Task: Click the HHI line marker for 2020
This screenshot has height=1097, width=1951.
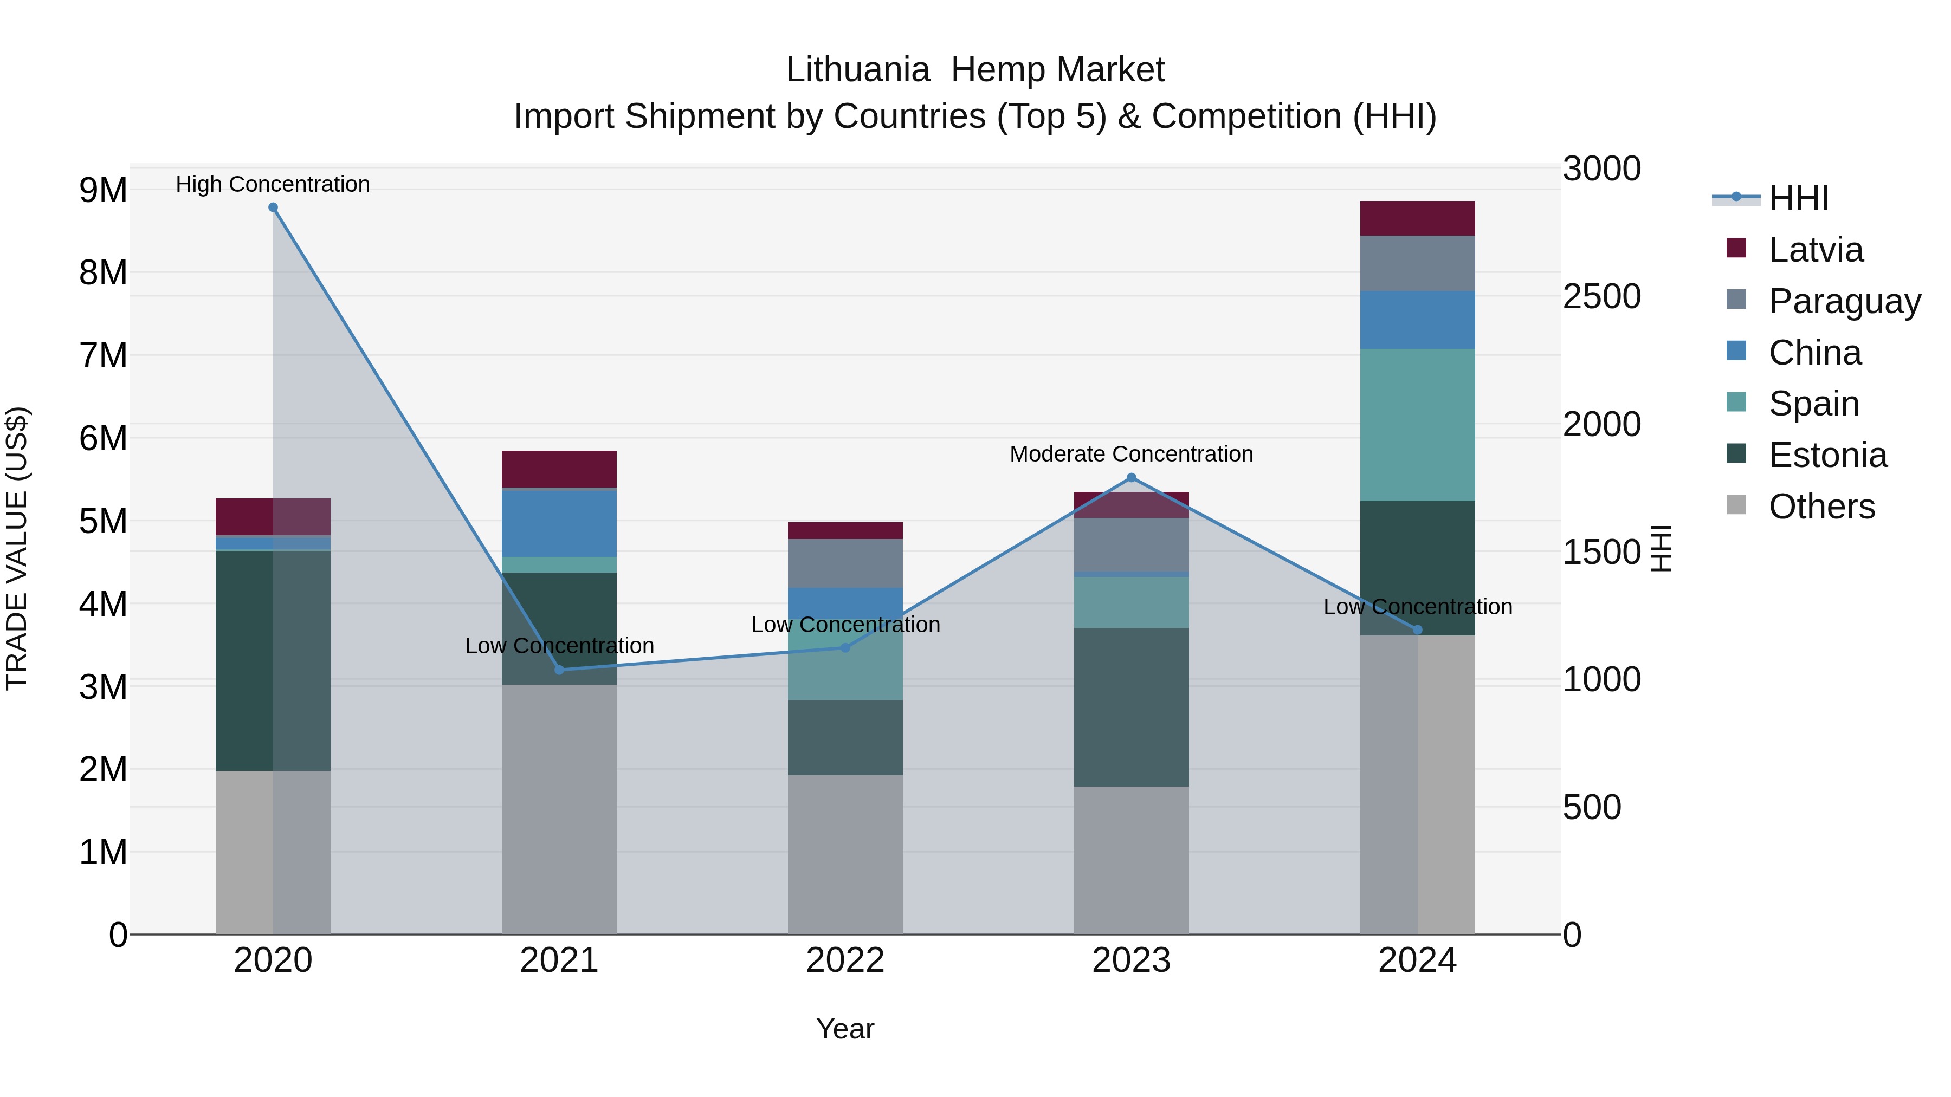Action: (x=274, y=207)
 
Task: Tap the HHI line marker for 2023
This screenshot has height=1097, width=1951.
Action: (x=1132, y=478)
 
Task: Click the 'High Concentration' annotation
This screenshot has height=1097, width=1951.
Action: (x=273, y=185)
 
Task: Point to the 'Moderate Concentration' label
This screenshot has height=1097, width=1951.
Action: (x=1132, y=455)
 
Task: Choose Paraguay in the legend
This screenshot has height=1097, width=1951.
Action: (x=1844, y=301)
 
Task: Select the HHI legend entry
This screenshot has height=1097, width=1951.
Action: (x=1798, y=198)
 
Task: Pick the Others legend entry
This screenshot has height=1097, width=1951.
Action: (x=1821, y=507)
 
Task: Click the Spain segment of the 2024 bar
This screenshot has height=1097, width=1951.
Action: (x=1417, y=425)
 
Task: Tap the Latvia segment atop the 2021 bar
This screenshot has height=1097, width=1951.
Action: (x=559, y=469)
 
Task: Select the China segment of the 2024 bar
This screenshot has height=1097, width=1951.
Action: (x=1417, y=320)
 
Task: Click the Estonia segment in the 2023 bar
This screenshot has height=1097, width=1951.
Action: (x=1132, y=707)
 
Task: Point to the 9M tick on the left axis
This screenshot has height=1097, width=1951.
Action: (x=103, y=190)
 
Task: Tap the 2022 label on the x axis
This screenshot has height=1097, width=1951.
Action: (x=845, y=960)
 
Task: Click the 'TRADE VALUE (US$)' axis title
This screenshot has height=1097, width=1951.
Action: (x=17, y=548)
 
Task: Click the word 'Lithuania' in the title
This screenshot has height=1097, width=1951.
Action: (x=857, y=70)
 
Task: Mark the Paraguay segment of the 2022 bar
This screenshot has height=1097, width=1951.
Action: (x=845, y=563)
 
